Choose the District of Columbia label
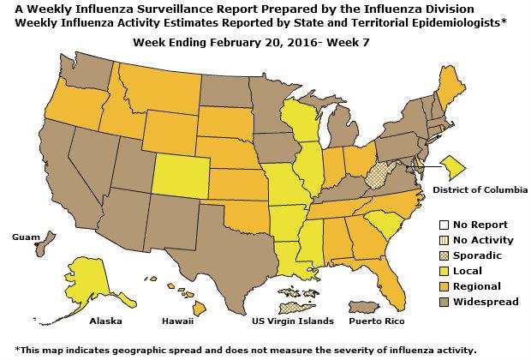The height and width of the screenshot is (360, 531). point(480,188)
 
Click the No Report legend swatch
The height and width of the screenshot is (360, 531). point(442,224)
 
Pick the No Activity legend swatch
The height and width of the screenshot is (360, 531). point(442,239)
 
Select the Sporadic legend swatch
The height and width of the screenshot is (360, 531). point(442,255)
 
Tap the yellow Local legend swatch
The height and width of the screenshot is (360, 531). point(442,270)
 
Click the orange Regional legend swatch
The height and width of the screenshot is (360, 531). point(442,285)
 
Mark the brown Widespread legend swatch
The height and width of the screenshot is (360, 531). point(442,301)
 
